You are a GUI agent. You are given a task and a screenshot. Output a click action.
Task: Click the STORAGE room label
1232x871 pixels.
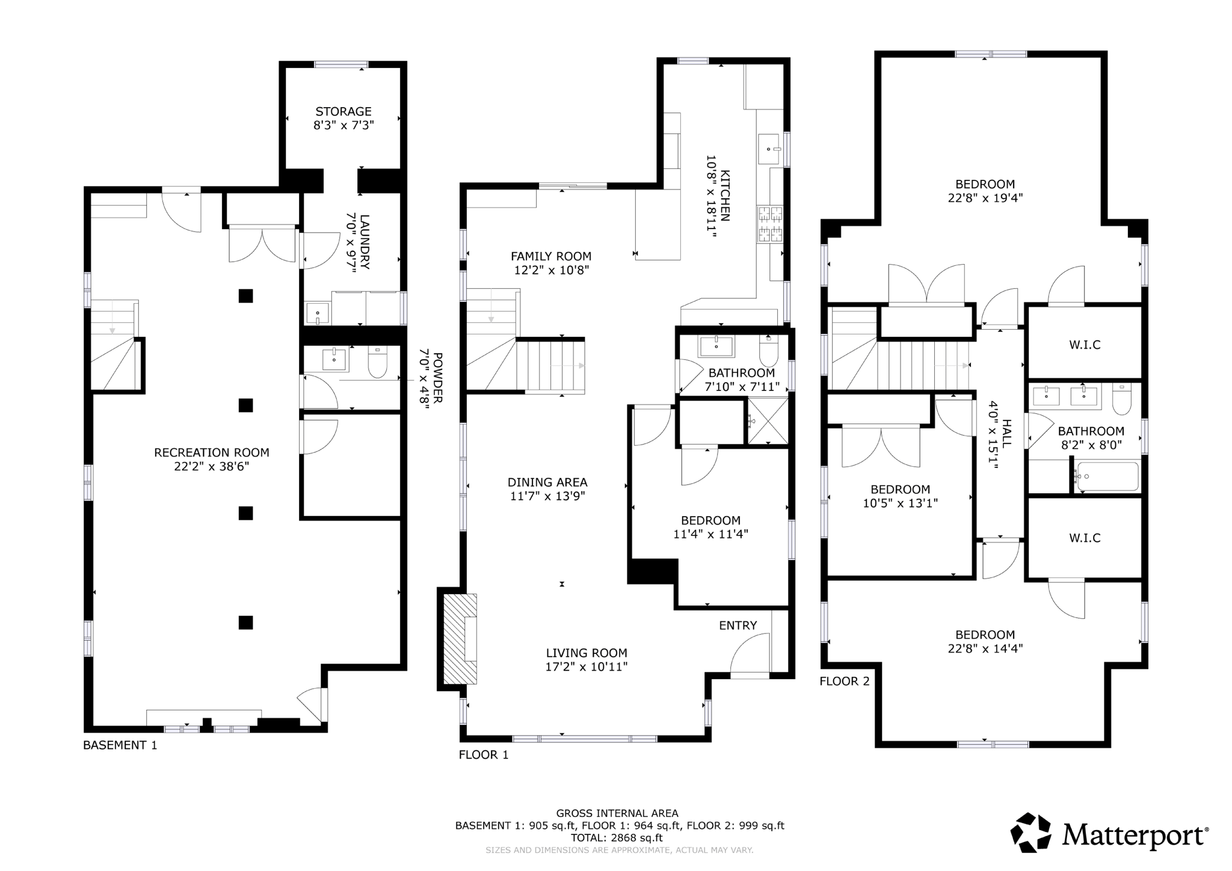[x=343, y=111]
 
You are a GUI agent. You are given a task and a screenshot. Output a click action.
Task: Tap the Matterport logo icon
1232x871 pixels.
[x=1030, y=833]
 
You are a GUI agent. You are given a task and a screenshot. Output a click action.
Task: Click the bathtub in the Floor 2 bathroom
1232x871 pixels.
[x=1107, y=476]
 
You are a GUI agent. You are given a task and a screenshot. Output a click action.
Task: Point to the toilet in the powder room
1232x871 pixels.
[x=377, y=362]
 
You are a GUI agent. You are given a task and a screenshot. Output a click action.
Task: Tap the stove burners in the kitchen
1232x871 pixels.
[x=771, y=224]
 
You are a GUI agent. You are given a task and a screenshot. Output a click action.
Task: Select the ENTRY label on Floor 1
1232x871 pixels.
[x=738, y=626]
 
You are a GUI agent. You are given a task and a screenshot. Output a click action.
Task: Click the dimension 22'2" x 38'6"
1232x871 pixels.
[x=212, y=466]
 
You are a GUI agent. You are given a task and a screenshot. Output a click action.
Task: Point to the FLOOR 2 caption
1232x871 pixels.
[x=844, y=681]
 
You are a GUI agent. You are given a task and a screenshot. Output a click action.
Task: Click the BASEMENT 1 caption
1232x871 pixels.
[x=120, y=745]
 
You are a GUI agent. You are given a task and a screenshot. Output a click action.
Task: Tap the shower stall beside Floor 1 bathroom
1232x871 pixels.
[x=768, y=421]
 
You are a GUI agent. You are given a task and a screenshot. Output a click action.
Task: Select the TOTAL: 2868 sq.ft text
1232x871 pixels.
[x=617, y=837]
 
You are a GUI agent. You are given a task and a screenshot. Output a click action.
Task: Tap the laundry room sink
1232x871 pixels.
[x=317, y=313]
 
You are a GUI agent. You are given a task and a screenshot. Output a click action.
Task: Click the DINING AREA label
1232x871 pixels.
[x=547, y=482]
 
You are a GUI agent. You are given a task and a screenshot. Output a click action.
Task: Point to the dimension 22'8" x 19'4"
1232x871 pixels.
[x=985, y=198]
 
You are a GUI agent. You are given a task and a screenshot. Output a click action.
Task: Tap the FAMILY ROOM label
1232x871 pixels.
[x=550, y=256]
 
